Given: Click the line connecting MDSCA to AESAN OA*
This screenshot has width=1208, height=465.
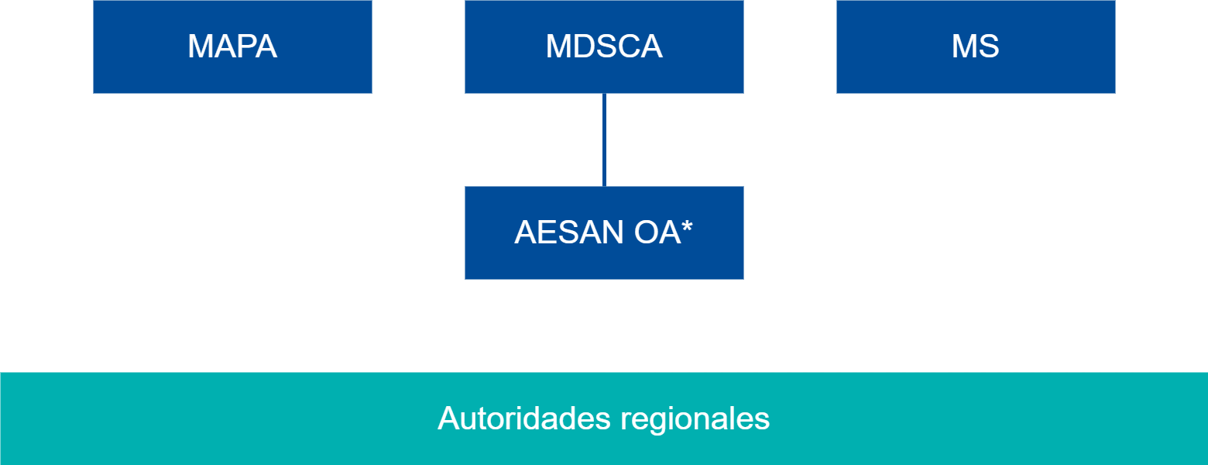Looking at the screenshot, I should coord(604,139).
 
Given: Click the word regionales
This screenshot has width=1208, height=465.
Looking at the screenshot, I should coord(695,418).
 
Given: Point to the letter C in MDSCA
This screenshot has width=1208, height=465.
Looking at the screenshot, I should coord(628,46).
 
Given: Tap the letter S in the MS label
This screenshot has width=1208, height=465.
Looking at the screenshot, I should coord(988,46).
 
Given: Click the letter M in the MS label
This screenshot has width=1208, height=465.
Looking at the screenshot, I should coord(964,46).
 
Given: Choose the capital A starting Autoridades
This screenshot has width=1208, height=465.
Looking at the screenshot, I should coord(448,418).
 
